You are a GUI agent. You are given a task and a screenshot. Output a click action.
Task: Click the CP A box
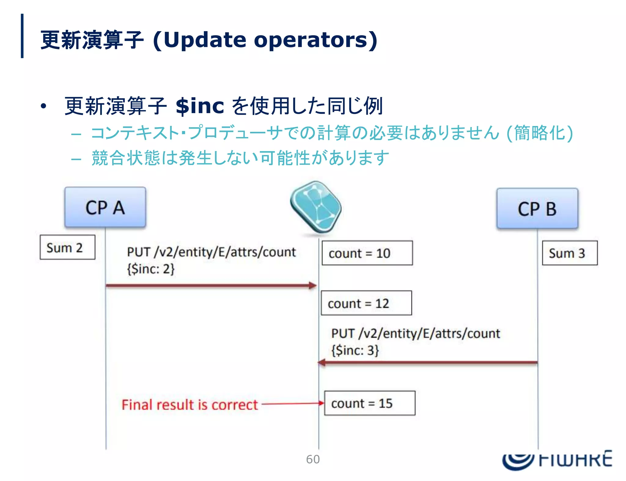[x=105, y=207]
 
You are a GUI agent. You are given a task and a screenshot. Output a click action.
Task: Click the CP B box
[x=537, y=209]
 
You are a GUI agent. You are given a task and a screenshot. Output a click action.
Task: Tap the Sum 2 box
[x=67, y=247]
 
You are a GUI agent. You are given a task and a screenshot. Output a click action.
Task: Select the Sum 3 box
[x=569, y=253]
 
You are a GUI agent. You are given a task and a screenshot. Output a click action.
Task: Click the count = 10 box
[x=367, y=253]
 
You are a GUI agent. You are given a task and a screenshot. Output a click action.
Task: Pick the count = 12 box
[x=366, y=303]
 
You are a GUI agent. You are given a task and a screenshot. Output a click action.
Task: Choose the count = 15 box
[x=370, y=403]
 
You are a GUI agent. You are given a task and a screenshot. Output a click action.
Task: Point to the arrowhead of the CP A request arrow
[x=313, y=286]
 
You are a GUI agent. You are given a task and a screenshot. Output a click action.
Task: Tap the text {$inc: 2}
[x=151, y=269]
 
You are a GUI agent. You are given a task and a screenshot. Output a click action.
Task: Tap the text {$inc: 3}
[x=355, y=350]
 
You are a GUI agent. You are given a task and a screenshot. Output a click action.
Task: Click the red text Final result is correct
[x=190, y=405]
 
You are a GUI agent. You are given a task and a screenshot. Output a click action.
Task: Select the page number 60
[x=313, y=459]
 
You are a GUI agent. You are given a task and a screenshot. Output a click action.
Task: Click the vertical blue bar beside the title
[x=22, y=36]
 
